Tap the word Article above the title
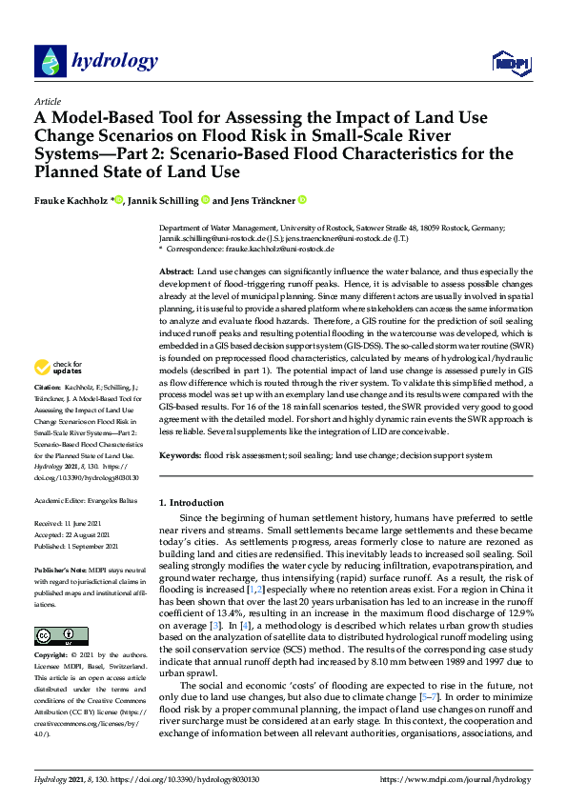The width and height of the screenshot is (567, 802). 47,100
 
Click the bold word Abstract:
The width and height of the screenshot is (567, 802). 178,272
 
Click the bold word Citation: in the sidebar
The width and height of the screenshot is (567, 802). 49,415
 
